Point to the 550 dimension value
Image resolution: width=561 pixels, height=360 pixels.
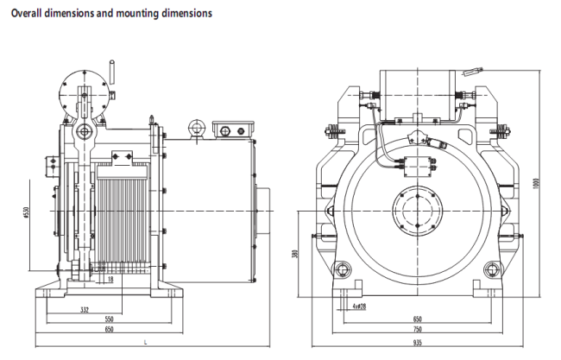pyautogui.click(x=108, y=319)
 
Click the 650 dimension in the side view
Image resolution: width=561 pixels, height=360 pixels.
pyautogui.click(x=108, y=331)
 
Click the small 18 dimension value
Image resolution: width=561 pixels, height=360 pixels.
pyautogui.click(x=110, y=279)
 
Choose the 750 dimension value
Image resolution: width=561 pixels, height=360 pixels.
pyautogui.click(x=418, y=330)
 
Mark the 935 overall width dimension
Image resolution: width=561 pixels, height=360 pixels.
pyautogui.click(x=418, y=342)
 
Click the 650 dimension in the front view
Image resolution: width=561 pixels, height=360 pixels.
pyautogui.click(x=418, y=319)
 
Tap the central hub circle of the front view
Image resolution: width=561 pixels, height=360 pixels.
pyautogui.click(x=418, y=211)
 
